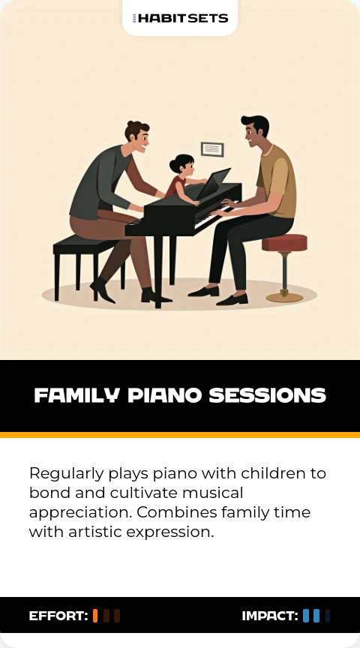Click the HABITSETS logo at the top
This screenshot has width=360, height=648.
point(180,18)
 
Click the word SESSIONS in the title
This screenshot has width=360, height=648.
point(268,395)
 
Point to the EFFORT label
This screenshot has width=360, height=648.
point(58,616)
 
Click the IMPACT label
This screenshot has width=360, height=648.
point(270,616)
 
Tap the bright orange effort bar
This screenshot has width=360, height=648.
point(95,616)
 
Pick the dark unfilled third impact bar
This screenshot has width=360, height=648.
point(327,616)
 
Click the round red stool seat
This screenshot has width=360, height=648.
point(284,242)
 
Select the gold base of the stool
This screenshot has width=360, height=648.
point(284,297)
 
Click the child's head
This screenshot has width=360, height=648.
point(181,165)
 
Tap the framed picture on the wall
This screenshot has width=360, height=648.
point(212,149)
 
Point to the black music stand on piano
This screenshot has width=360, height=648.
point(213,183)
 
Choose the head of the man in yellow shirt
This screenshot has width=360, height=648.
point(254,131)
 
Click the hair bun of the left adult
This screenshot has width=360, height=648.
point(130,124)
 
